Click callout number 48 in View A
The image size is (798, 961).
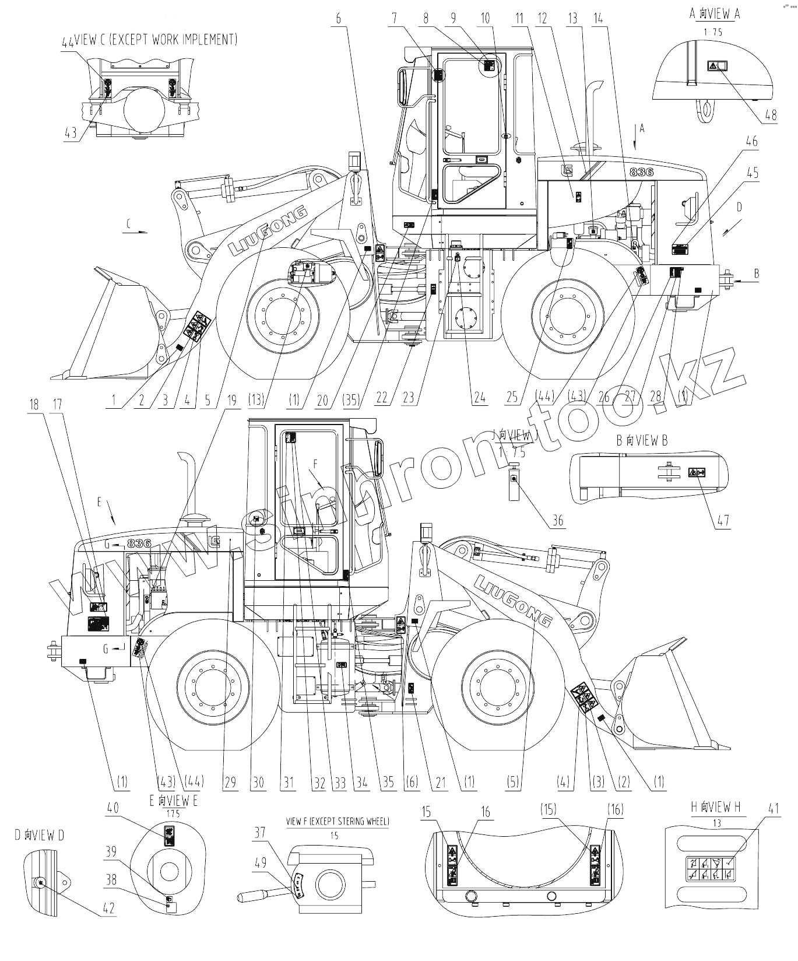pos(771,115)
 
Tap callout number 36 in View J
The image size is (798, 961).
pos(558,520)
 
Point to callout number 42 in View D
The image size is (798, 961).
pos(108,909)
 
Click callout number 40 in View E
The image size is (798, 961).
pos(113,808)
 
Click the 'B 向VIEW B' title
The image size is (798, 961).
pos(642,441)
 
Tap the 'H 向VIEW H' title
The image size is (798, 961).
pos(715,808)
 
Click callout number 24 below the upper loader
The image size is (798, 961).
pos(480,398)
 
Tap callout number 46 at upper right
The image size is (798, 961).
pos(752,141)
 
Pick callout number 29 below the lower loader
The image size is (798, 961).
pos(231,783)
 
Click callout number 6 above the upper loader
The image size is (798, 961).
pos(339,18)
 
